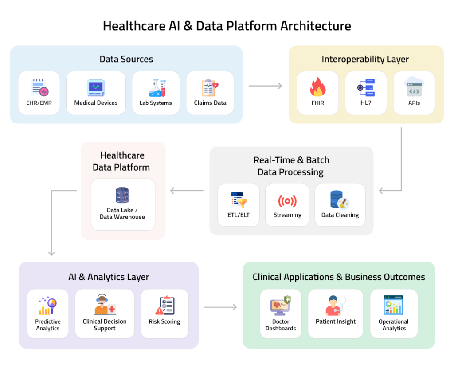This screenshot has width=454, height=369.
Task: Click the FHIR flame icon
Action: coord(317,87)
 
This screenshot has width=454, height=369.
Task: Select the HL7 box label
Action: coord(366,103)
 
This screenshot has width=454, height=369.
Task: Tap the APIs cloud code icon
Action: coord(414,87)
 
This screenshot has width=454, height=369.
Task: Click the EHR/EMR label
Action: coord(39,103)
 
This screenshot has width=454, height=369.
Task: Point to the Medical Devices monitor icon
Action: coord(96,87)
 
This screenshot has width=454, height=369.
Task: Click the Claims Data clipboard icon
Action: coord(209,87)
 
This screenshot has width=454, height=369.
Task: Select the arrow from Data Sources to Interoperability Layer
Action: coord(265,86)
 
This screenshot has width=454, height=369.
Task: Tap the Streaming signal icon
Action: coord(287,201)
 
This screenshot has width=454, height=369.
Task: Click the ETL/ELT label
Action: coord(239,215)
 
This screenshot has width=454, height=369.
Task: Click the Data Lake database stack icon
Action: coord(122,196)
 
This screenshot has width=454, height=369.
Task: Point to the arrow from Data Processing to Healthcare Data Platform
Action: coord(187,191)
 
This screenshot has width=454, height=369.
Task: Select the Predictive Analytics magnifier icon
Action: coord(48,306)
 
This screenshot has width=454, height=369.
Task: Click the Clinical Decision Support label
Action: coord(105,325)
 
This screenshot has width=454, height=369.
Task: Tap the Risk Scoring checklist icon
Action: coord(165,306)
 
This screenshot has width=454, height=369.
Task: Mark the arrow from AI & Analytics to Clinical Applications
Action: coord(220,307)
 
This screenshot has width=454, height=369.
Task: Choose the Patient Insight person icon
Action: coord(336,306)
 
